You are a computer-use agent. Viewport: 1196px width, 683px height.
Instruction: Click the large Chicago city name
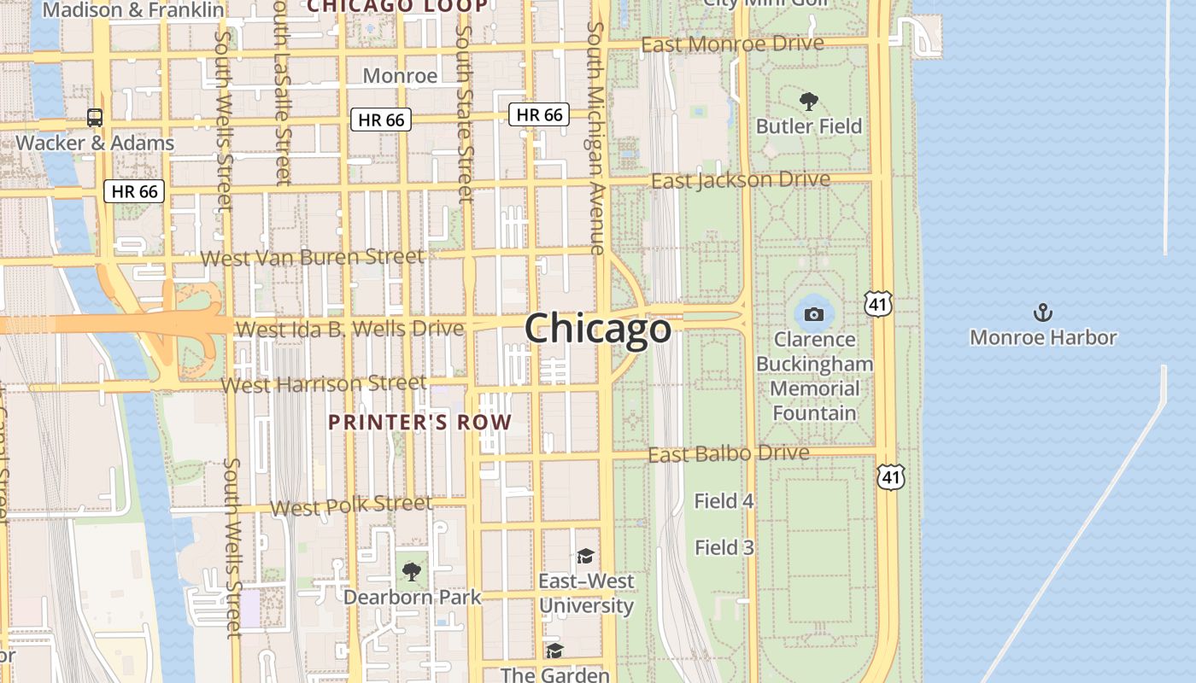click(598, 329)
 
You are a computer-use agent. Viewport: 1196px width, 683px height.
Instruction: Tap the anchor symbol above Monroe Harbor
click(1042, 312)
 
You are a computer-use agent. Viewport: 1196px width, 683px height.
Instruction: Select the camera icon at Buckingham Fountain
click(813, 314)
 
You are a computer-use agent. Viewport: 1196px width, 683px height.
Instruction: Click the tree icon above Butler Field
click(808, 102)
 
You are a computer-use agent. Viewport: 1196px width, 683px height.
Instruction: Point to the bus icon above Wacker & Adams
click(95, 118)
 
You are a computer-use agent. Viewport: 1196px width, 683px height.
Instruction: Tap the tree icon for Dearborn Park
click(412, 571)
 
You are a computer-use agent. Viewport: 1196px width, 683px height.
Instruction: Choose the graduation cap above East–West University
click(585, 557)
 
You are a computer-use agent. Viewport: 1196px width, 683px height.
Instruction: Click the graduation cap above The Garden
click(554, 651)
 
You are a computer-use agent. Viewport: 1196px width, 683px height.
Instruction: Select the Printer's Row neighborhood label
click(419, 422)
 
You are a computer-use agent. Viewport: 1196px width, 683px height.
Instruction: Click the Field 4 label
click(724, 501)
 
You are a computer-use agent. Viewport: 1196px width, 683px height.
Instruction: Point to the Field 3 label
click(724, 547)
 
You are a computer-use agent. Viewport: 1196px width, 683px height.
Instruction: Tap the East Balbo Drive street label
click(728, 453)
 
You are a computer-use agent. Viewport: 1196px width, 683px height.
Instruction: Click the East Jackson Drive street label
click(740, 180)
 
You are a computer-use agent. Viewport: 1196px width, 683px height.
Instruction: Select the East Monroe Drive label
click(732, 44)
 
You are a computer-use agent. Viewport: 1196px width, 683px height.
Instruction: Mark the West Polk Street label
click(351, 505)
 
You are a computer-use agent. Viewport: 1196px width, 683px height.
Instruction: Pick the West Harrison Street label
click(324, 384)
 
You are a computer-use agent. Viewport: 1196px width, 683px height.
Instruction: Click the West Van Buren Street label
click(312, 256)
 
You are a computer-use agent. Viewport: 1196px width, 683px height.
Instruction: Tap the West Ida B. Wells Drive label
click(349, 328)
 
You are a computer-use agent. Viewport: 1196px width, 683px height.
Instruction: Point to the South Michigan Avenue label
click(595, 137)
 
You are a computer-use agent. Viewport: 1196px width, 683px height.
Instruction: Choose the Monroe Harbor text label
click(1042, 337)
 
